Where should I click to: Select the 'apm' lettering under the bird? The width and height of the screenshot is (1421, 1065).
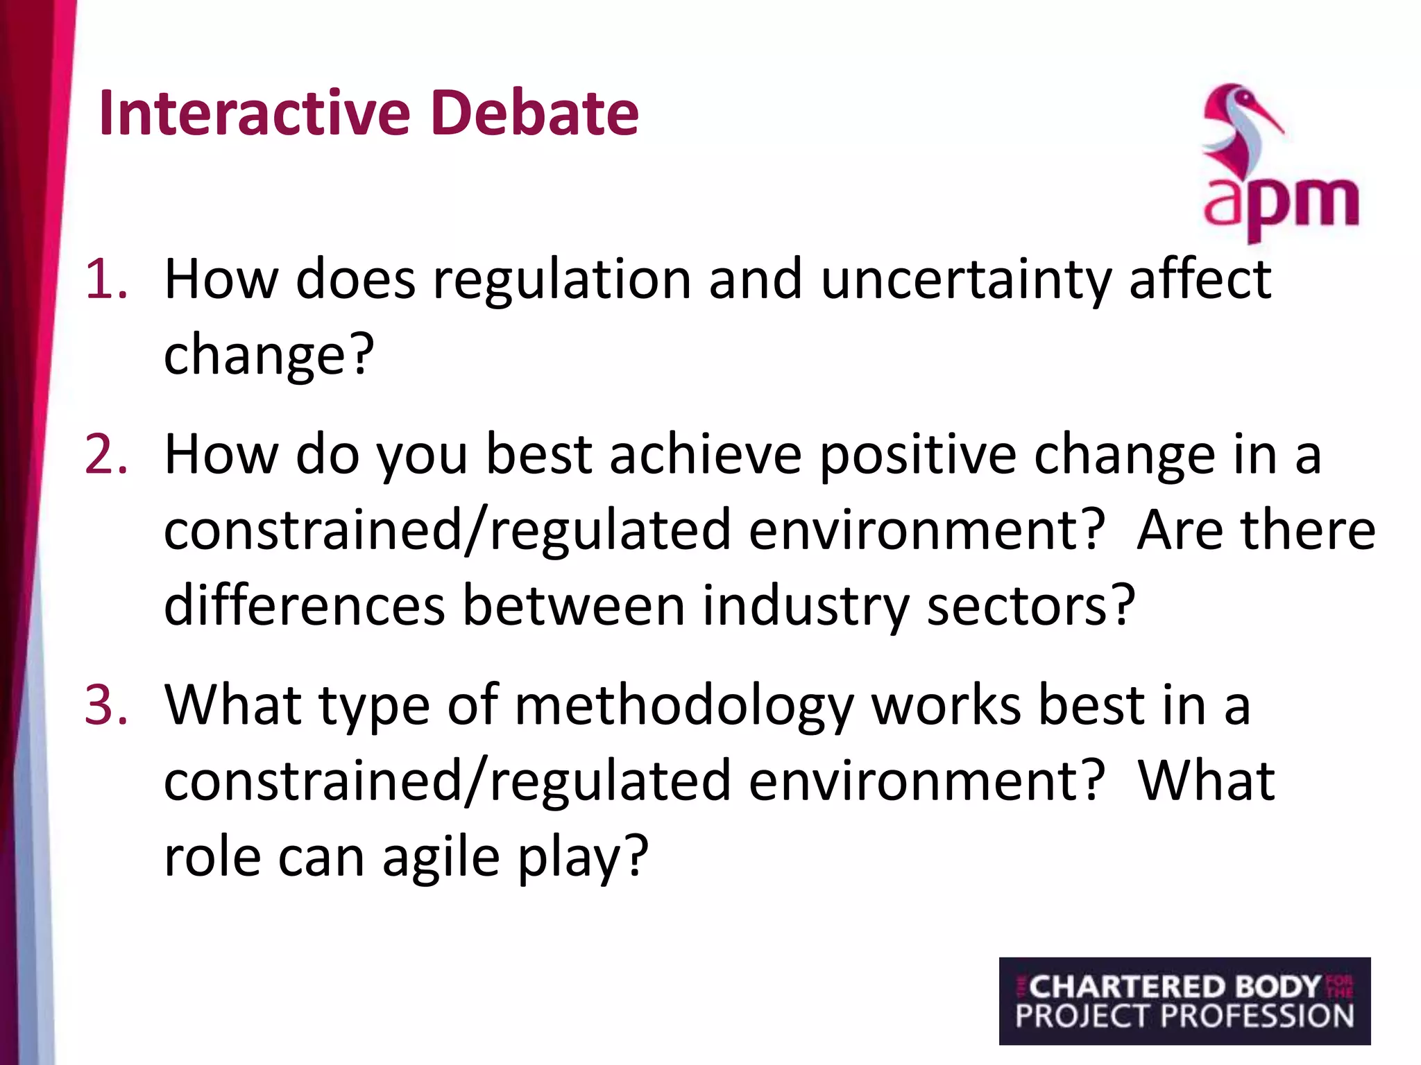coord(1281,205)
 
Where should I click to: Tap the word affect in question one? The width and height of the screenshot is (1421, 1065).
coord(1200,279)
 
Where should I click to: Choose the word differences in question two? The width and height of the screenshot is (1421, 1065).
coord(304,605)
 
